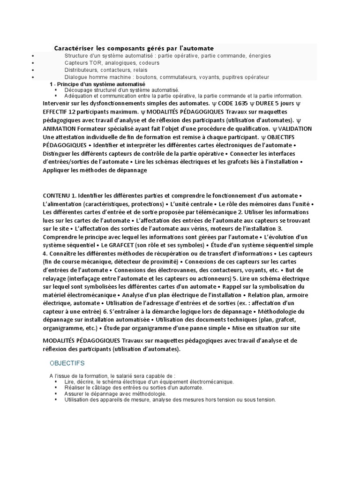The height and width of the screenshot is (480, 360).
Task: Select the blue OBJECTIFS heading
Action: tap(67, 363)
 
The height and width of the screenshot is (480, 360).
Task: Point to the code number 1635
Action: tap(240, 103)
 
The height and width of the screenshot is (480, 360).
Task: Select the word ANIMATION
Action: tap(60, 128)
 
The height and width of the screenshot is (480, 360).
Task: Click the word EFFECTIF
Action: tap(57, 112)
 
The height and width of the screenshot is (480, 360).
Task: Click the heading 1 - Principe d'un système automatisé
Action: tap(97, 83)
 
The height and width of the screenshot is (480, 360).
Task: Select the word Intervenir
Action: tap(58, 103)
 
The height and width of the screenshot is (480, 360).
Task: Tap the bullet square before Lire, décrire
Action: tap(56, 382)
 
